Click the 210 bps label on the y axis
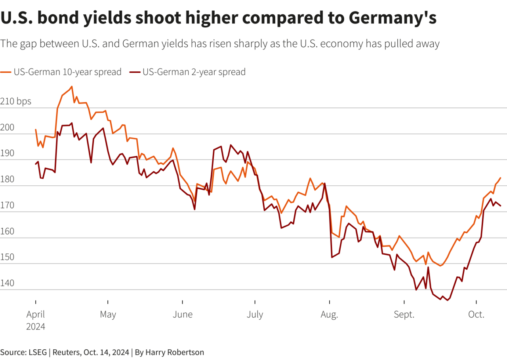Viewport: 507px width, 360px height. [x=16, y=102]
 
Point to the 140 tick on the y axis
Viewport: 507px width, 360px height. [x=8, y=283]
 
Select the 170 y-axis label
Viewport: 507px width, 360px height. [x=8, y=206]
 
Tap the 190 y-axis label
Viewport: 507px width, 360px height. [x=8, y=154]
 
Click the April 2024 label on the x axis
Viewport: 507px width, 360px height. [x=36, y=320]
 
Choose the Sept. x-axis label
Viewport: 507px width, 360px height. [x=404, y=315]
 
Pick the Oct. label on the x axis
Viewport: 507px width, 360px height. [x=476, y=315]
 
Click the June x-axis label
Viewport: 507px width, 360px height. [x=182, y=315]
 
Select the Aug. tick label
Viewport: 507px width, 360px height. [x=329, y=315]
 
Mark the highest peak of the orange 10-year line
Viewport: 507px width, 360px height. [x=72, y=86]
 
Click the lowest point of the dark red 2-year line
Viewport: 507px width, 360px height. [x=448, y=300]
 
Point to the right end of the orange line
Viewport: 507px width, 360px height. [x=501, y=178]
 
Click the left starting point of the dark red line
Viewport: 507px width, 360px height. [x=36, y=164]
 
